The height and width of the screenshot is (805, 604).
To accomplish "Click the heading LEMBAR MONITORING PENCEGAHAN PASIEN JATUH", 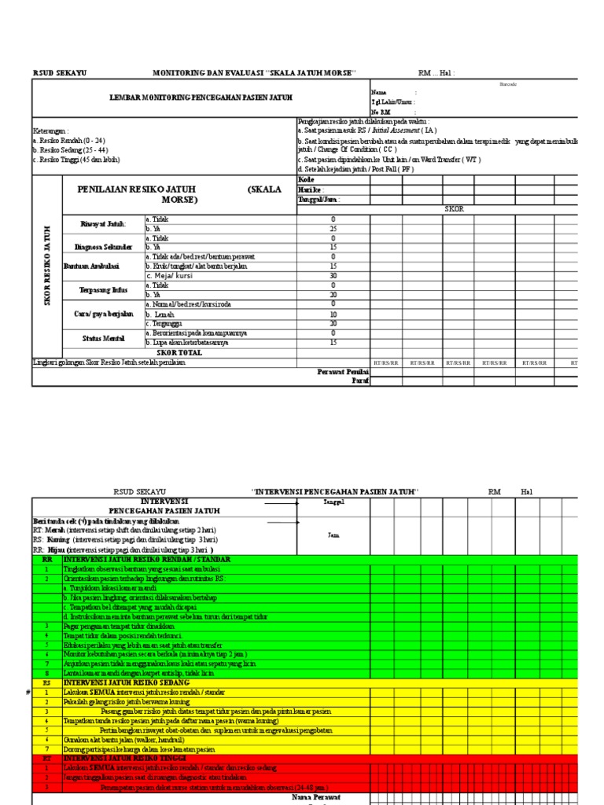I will pos(189,97).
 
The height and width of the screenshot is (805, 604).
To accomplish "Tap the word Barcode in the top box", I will pos(508,84).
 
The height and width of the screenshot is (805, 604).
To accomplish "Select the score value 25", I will pos(333,229).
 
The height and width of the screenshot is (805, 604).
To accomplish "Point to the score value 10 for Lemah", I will pos(333,314).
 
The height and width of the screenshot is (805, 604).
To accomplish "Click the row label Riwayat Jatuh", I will pos(103,224).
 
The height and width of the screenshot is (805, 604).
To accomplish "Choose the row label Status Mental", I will pos(103,338).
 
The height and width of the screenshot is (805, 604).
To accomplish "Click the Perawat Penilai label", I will pos(343,372).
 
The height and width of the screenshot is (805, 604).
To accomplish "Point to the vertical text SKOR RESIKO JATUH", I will pos(47,265).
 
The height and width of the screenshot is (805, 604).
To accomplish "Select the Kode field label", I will pos(306,180).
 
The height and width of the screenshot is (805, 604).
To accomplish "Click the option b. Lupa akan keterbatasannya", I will pos(187,343).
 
